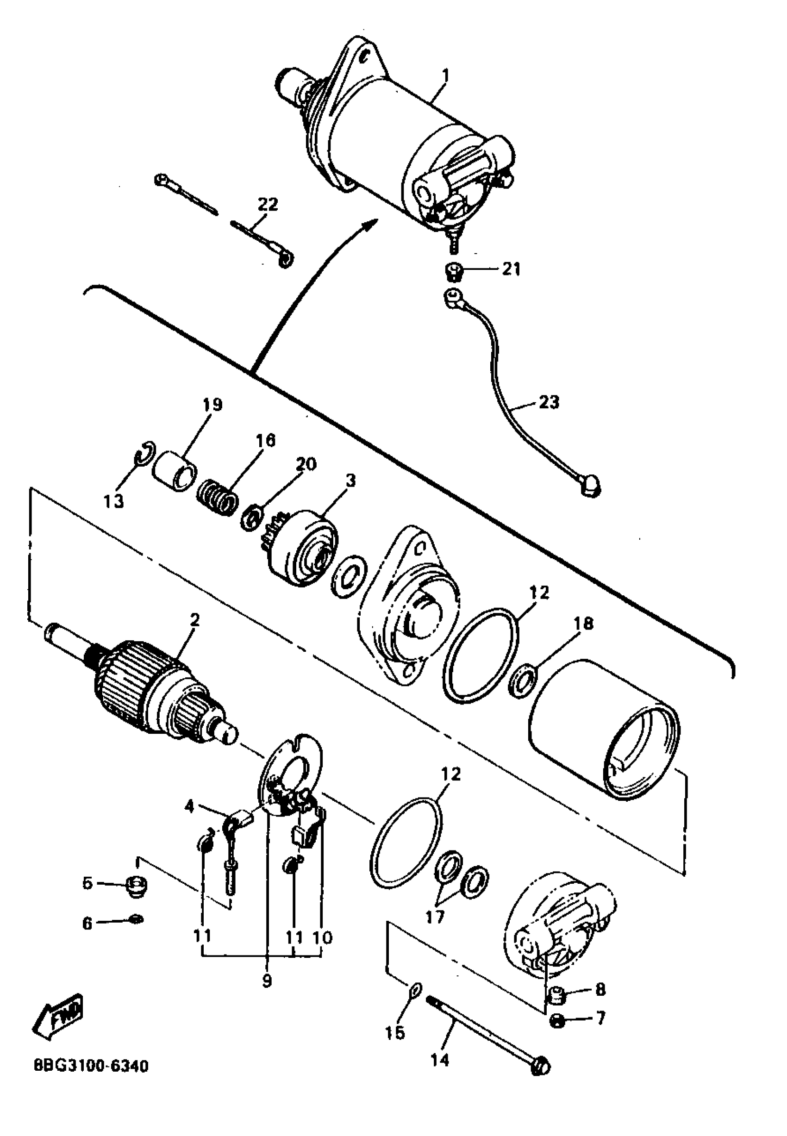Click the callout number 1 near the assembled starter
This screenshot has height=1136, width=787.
tap(445, 76)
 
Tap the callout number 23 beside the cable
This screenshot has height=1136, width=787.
tap(549, 402)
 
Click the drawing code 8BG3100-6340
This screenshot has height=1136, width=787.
tap(91, 1067)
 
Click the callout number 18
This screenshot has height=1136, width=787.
tap(583, 623)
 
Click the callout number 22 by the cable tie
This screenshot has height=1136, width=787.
tap(268, 204)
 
